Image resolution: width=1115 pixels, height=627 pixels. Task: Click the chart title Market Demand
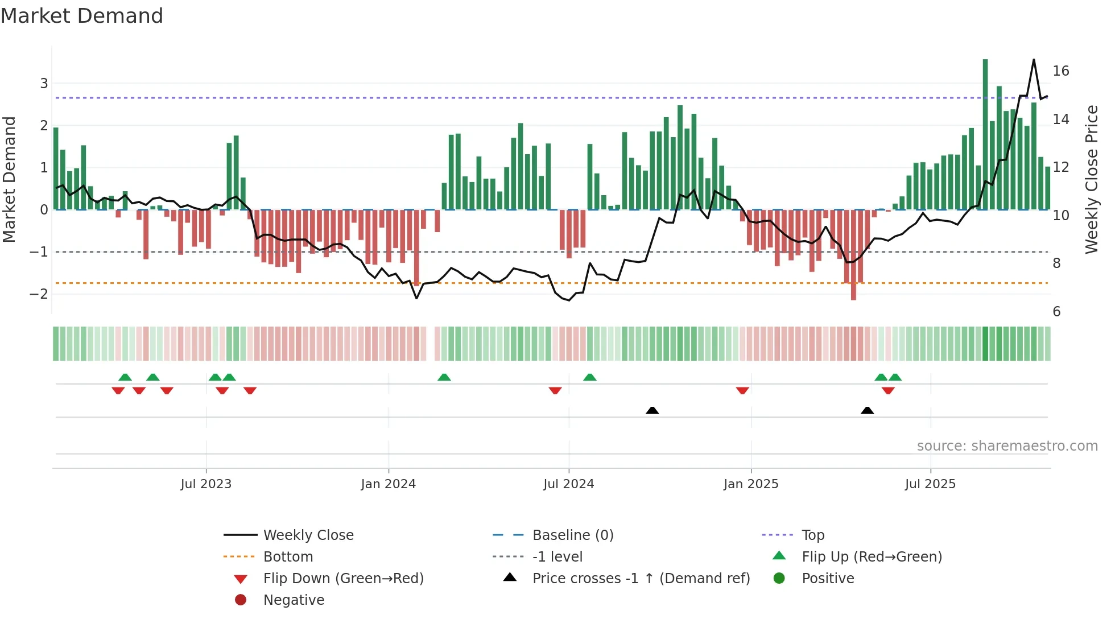point(82,16)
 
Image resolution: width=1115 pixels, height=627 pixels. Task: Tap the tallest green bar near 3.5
point(985,134)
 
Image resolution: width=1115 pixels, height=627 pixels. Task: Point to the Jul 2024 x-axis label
point(568,484)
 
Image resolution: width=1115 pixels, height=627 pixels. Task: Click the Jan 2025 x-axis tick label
point(751,484)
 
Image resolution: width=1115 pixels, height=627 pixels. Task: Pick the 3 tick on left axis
point(44,84)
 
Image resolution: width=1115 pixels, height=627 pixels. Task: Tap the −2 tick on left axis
point(39,294)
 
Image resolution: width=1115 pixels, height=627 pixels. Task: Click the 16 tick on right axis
point(1061,71)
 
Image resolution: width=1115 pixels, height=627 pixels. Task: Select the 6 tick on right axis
point(1056,312)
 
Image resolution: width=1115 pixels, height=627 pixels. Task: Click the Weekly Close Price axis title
point(1092,179)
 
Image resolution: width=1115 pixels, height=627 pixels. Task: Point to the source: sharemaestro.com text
point(1007,446)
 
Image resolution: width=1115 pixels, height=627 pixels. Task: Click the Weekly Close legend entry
point(308,535)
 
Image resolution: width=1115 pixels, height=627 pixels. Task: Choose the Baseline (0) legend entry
point(572,535)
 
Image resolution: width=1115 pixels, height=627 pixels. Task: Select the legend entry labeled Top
point(813,535)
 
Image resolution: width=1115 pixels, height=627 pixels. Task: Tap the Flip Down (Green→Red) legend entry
point(343,579)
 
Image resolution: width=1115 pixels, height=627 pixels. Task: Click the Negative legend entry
point(294,600)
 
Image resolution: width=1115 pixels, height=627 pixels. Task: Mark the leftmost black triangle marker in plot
point(653,410)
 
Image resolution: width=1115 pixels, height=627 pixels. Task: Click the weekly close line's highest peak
point(1034,60)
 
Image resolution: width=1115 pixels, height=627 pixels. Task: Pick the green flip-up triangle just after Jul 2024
point(590,377)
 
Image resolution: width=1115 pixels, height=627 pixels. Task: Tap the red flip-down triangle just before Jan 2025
point(742,390)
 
